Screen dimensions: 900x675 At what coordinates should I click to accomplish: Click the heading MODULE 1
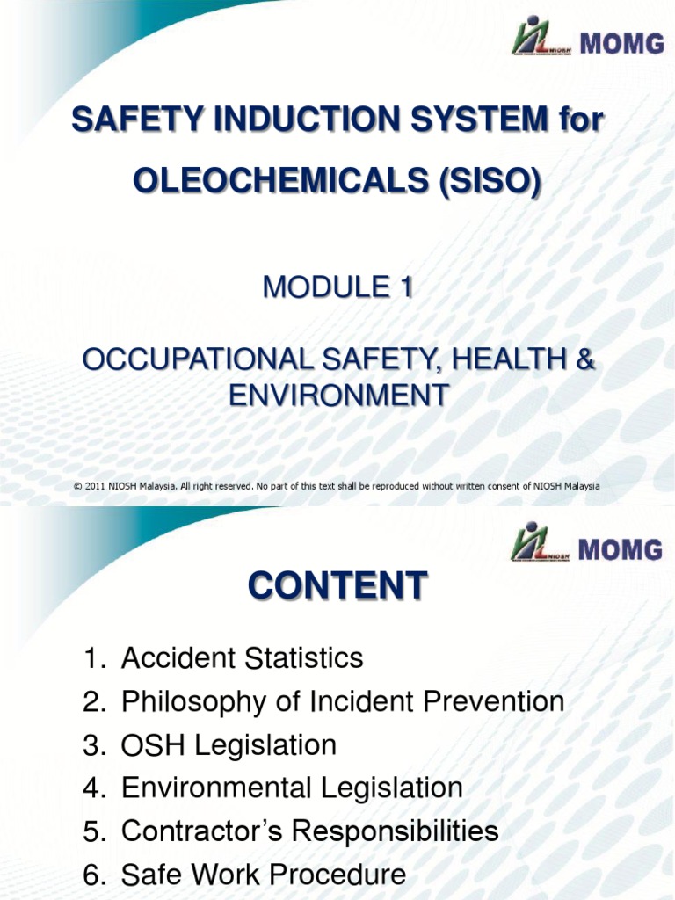pos(337,287)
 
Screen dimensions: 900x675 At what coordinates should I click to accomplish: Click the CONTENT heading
pos(337,586)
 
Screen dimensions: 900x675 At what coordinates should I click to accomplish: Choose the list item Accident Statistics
pos(242,657)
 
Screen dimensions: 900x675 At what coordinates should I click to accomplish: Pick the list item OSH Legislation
pos(229,745)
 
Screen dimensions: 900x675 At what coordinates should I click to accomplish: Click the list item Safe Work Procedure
pos(264,875)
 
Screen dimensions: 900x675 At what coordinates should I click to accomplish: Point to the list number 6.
pos(92,875)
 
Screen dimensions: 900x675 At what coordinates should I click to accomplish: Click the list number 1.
pos(92,658)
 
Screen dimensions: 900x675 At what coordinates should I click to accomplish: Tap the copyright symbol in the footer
pos(78,486)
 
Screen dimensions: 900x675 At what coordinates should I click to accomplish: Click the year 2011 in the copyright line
pos(97,486)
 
